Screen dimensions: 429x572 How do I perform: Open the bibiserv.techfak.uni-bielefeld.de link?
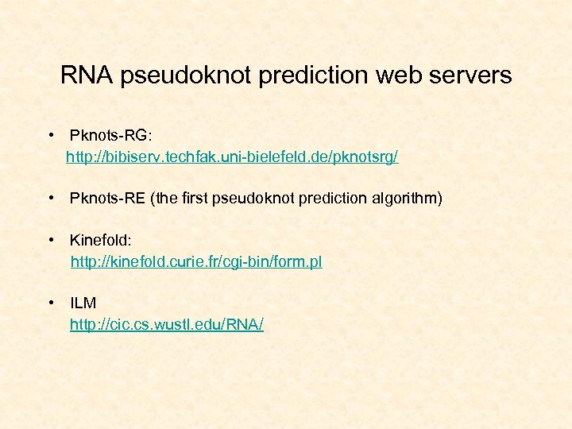232,157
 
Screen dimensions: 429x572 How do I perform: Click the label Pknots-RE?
106,198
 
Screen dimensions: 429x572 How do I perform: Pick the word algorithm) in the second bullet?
407,198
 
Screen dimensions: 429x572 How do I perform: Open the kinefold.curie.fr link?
196,261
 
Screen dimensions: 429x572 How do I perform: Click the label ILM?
83,303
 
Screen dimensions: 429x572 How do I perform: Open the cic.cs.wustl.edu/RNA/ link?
167,324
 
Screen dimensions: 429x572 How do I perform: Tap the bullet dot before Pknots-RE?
50,198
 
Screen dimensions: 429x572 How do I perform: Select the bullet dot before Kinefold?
50,239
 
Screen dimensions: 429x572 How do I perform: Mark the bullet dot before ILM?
50,303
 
